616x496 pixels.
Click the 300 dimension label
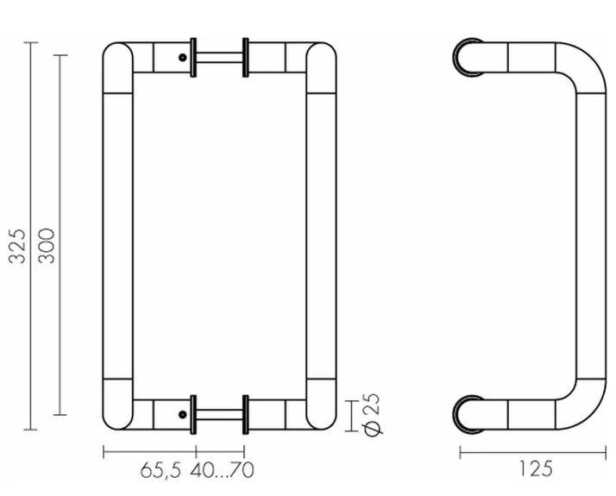47,246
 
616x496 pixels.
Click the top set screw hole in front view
183,58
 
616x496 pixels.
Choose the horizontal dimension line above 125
535,452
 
